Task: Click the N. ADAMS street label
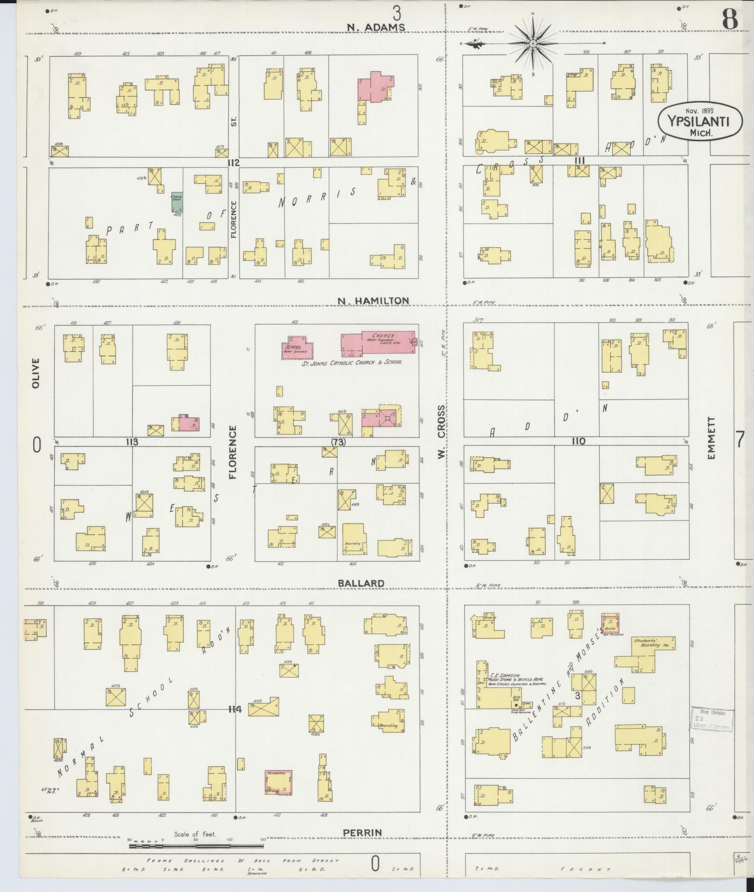[x=376, y=28]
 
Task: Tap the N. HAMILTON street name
[x=373, y=301]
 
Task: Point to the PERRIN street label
[x=362, y=833]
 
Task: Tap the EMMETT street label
[x=711, y=438]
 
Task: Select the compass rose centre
[x=533, y=44]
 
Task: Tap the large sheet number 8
[x=730, y=19]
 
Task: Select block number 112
[x=233, y=162]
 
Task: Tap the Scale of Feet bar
[x=197, y=846]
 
